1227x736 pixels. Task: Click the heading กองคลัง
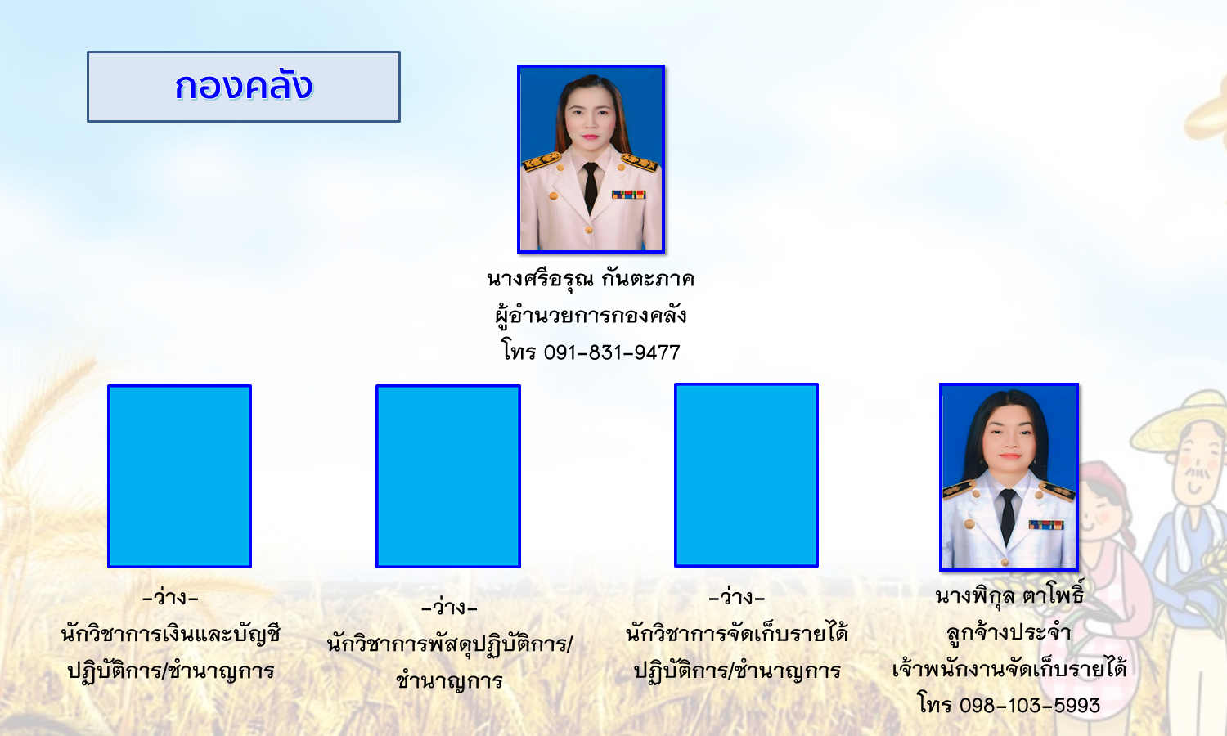point(244,87)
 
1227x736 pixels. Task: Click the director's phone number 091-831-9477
point(612,352)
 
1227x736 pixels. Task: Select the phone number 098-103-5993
point(1030,705)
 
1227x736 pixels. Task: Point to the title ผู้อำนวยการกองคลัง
point(591,316)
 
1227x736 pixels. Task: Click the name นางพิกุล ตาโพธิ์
point(1009,595)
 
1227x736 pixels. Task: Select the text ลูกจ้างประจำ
point(1009,632)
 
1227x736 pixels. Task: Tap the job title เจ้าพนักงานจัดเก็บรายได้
point(1009,669)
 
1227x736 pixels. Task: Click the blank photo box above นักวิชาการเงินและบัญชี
point(180,476)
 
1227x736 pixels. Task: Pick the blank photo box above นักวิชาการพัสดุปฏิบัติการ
point(448,476)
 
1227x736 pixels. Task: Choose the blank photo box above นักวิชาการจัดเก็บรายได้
point(746,475)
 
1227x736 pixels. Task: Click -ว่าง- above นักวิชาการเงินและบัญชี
point(170,597)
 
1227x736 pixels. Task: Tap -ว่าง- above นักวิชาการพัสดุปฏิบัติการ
point(449,608)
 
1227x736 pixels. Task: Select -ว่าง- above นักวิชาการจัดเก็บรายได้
point(736,597)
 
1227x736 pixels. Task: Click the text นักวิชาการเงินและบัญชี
point(170,634)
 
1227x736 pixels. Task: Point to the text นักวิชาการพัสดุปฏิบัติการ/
point(449,644)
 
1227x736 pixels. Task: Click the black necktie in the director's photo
point(590,186)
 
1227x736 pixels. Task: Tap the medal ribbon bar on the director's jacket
point(629,194)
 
